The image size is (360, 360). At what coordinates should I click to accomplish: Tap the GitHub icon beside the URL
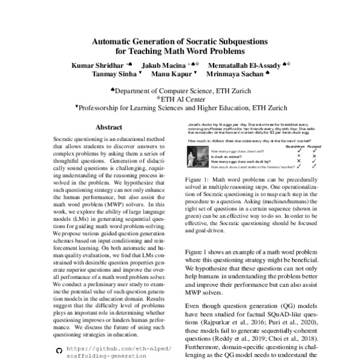(x=58, y=348)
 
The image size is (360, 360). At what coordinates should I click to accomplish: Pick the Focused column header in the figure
(x=314, y=146)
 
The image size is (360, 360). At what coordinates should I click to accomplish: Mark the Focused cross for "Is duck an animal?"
(x=314, y=155)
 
